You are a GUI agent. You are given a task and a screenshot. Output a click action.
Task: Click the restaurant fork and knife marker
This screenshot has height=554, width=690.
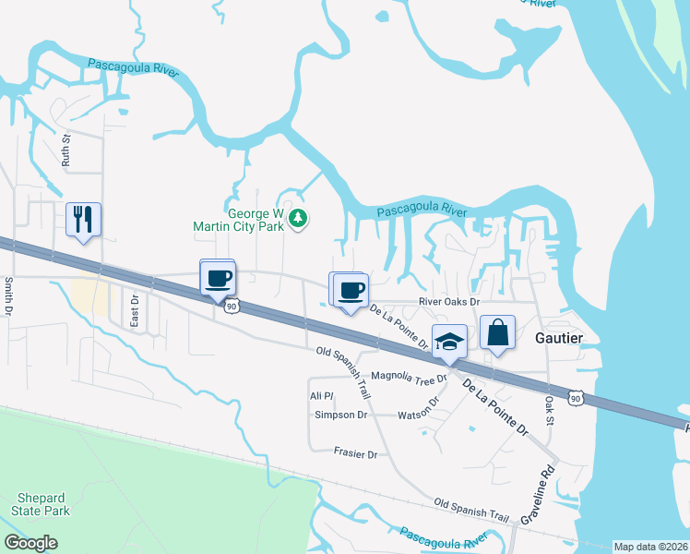(x=83, y=220)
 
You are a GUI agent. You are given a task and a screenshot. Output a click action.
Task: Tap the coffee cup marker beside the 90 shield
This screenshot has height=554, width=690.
(x=219, y=277)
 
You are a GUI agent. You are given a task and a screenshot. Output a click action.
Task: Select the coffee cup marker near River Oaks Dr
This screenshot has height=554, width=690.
(x=350, y=290)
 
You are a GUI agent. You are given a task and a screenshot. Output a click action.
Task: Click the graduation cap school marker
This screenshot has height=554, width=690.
(x=448, y=342)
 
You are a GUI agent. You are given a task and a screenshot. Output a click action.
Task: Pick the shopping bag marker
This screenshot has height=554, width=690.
(x=497, y=334)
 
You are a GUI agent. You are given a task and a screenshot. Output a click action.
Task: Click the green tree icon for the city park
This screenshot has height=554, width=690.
(x=298, y=218)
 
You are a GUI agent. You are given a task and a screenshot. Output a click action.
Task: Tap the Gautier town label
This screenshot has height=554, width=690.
(x=559, y=339)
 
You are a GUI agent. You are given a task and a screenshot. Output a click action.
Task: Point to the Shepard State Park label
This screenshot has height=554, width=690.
(x=41, y=504)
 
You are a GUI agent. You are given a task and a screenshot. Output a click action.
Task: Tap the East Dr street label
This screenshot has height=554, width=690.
(x=134, y=311)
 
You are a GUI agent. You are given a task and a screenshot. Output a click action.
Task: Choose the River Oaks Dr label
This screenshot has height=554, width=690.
(x=449, y=302)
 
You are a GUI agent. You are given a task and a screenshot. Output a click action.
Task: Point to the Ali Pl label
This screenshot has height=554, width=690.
(x=320, y=395)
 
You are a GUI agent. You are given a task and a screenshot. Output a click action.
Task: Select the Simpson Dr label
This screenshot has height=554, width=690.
(x=340, y=415)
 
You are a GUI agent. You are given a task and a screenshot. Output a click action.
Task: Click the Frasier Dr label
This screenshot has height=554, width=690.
(x=355, y=454)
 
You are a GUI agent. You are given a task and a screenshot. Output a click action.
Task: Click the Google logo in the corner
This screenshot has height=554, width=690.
(x=30, y=543)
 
